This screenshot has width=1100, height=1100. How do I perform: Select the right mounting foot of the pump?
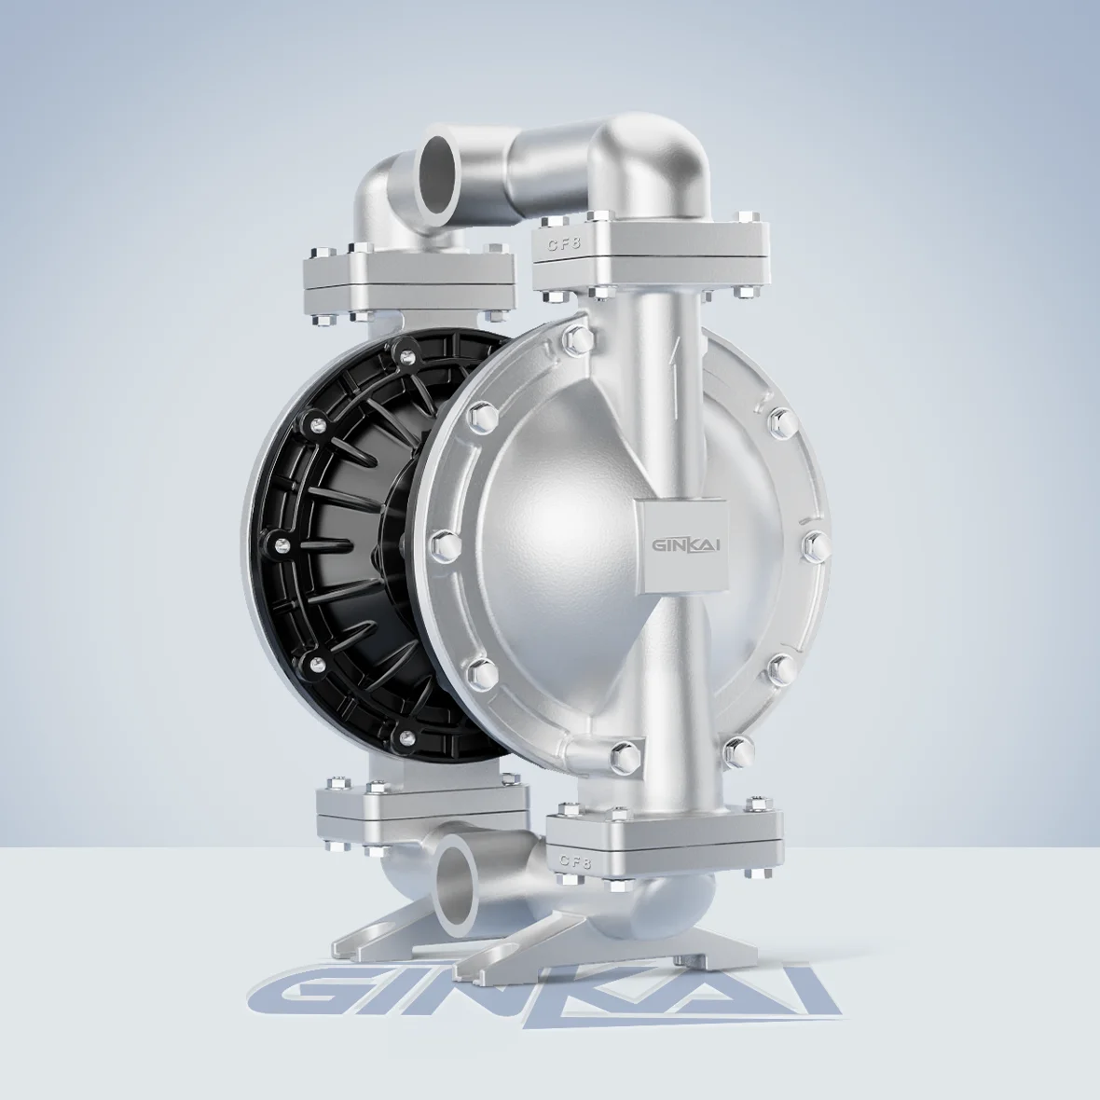[x=597, y=942]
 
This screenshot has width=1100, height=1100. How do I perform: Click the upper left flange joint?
[x=408, y=280]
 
